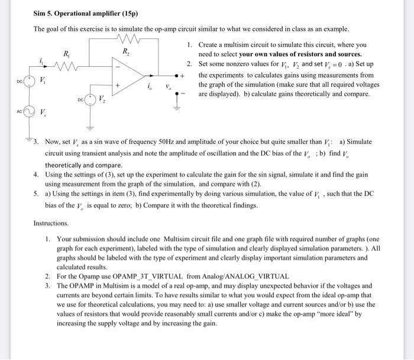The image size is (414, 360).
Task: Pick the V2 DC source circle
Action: [x=90, y=99]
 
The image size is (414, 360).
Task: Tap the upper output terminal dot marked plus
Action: [x=177, y=76]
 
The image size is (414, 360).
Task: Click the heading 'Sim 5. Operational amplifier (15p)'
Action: [x=84, y=13]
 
